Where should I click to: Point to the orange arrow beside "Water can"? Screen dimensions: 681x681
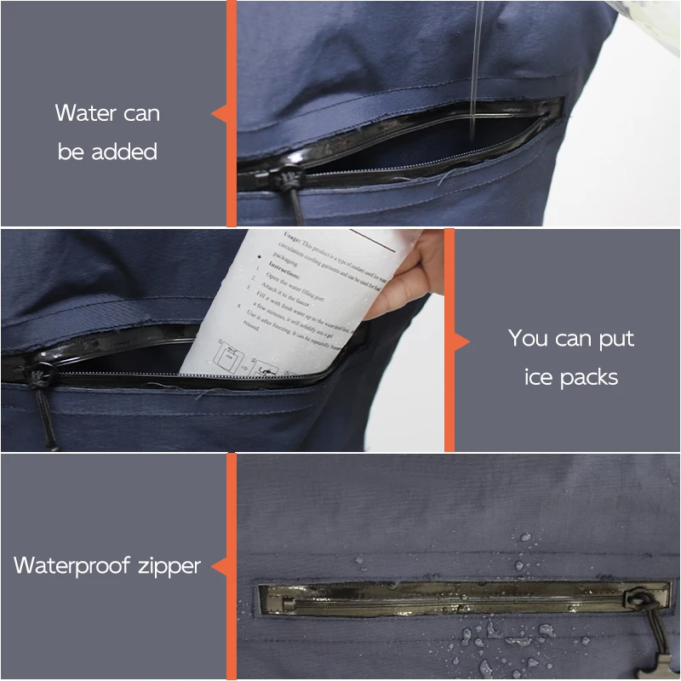tap(220, 113)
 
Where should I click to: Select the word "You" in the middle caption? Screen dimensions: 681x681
tap(528, 338)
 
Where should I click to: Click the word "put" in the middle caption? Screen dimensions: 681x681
tap(615, 340)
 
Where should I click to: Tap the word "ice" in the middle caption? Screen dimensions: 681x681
tap(538, 377)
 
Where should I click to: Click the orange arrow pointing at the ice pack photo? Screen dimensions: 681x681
tap(461, 341)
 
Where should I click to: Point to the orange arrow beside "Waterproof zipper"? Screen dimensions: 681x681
tap(220, 565)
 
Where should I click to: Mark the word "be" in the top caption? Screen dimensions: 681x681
tap(72, 152)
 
